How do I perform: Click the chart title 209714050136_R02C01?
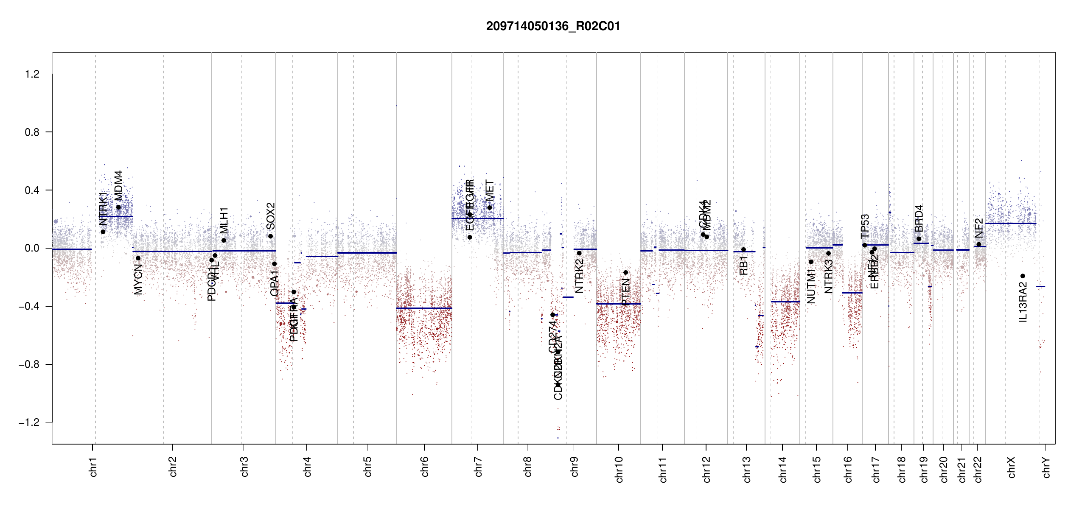[x=553, y=26]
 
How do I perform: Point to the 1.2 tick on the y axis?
[x=32, y=74]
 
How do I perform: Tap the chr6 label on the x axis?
[x=424, y=467]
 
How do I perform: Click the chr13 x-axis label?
[x=746, y=469]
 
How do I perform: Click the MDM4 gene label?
[x=118, y=185]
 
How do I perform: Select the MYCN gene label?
[x=138, y=279]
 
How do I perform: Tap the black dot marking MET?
[x=490, y=207]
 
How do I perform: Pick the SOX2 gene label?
[x=271, y=216]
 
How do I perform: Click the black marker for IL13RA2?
[x=1023, y=276]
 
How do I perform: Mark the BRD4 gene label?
[x=919, y=218]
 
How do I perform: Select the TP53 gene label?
[x=865, y=227]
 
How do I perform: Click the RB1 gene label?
[x=743, y=266]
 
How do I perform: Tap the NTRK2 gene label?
[x=580, y=276]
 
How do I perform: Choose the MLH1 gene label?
[x=224, y=220]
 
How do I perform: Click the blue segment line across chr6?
[x=424, y=308]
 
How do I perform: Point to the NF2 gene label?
[x=979, y=228]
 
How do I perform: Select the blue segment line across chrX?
[x=1011, y=223]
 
